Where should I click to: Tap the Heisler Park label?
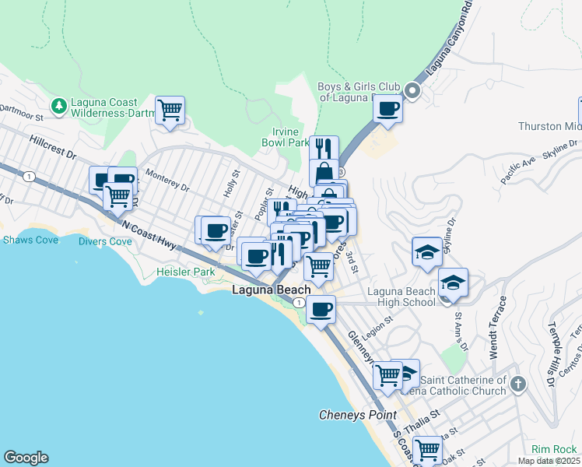point(185,272)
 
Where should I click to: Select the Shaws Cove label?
point(27,240)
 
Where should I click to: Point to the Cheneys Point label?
point(358,415)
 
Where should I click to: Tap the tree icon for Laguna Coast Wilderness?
point(58,105)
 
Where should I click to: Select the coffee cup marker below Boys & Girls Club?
point(387,109)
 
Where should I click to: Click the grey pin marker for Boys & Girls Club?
point(412,92)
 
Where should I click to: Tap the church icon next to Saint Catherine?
point(518,384)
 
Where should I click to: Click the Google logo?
point(26,458)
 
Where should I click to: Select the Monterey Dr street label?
point(167,181)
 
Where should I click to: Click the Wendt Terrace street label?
point(496,327)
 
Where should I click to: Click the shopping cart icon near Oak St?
point(427,449)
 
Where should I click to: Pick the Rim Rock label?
point(553,449)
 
